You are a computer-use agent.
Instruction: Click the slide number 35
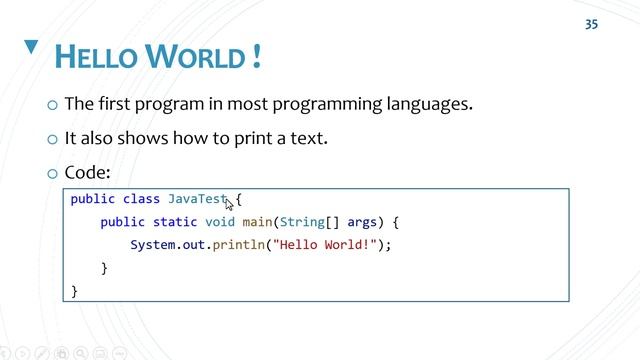591,24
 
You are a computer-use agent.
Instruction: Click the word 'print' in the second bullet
232,138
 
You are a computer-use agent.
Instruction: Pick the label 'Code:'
87,172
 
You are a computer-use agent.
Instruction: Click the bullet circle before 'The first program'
52,105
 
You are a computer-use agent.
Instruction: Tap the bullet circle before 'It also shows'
52,139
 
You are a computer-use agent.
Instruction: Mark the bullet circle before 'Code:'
52,173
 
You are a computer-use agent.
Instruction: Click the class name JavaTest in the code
198,199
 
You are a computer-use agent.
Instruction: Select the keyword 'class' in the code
141,199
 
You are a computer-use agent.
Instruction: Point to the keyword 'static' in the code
175,222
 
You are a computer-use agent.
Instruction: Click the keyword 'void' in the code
220,222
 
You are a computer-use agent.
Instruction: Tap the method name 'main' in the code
257,222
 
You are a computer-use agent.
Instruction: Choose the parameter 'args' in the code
362,222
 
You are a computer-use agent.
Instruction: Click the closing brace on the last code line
74,291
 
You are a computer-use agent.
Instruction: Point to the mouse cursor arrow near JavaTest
229,204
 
